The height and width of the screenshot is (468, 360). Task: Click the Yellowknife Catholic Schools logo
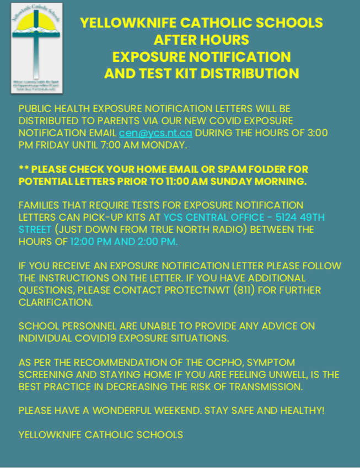click(x=37, y=48)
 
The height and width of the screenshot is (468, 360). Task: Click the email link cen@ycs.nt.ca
click(x=156, y=133)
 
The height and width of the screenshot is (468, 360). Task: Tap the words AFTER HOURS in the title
click(x=201, y=40)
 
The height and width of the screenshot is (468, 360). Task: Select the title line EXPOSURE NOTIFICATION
click(x=201, y=56)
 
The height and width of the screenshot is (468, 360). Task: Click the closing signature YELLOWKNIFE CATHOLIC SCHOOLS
click(x=100, y=434)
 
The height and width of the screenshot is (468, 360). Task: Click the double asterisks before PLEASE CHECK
click(x=25, y=169)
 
